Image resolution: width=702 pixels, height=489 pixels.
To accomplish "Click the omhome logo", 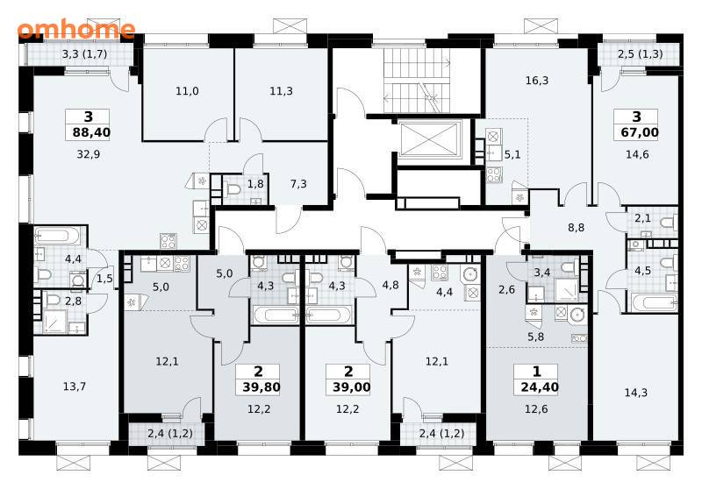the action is pyautogui.click(x=76, y=30).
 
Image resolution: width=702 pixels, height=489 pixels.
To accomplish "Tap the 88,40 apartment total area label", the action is pyautogui.click(x=91, y=132).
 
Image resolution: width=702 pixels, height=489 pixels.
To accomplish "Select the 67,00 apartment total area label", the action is pyautogui.click(x=640, y=132).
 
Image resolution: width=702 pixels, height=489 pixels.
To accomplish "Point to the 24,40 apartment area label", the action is pyautogui.click(x=540, y=386).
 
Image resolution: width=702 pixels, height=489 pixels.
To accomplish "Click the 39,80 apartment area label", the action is pyautogui.click(x=261, y=386).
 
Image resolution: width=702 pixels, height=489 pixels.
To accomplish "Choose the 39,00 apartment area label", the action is pyautogui.click(x=352, y=386).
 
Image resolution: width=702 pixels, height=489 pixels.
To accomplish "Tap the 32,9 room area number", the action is pyautogui.click(x=89, y=154).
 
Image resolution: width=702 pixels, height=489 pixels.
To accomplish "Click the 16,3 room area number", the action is pyautogui.click(x=537, y=81).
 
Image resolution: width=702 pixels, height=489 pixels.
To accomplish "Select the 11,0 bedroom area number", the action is pyautogui.click(x=187, y=91).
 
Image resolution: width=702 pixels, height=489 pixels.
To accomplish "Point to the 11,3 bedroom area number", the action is pyautogui.click(x=281, y=91).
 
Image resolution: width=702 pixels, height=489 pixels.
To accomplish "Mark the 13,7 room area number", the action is pyautogui.click(x=75, y=386).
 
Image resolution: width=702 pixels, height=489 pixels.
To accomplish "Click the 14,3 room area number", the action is pyautogui.click(x=635, y=393).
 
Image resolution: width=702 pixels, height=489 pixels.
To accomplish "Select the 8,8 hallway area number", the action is pyautogui.click(x=577, y=228).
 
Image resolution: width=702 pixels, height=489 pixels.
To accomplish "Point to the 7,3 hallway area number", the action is pyautogui.click(x=298, y=184).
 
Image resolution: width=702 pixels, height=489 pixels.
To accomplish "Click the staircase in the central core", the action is pyautogui.click(x=417, y=81).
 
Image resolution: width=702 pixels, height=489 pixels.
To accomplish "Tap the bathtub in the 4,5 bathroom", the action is pyautogui.click(x=654, y=303).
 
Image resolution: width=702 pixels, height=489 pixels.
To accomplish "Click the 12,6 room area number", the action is pyautogui.click(x=536, y=409).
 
